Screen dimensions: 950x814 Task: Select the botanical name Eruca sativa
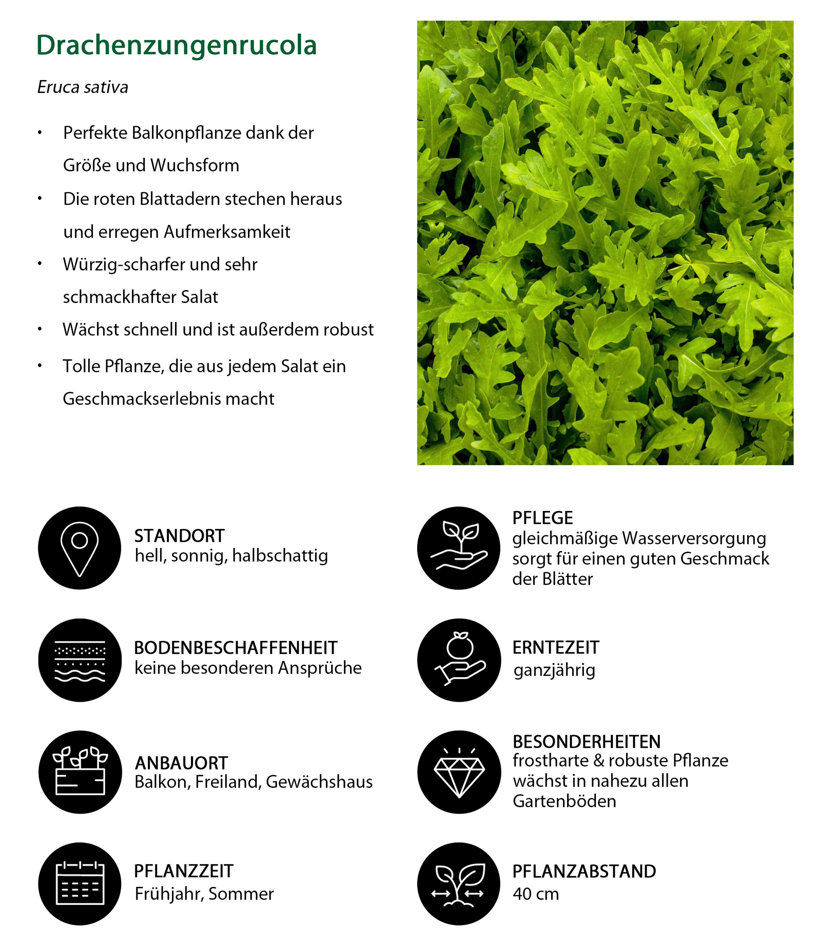pyautogui.click(x=82, y=87)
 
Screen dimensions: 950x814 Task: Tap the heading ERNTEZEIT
pyautogui.click(x=556, y=647)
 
